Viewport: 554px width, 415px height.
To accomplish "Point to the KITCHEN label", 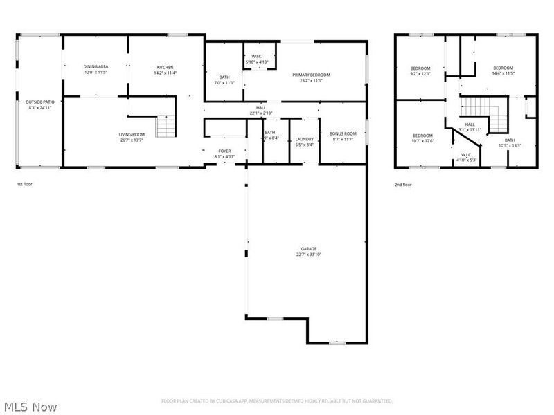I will pos(165,67).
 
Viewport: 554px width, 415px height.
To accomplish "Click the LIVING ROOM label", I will pos(131,134).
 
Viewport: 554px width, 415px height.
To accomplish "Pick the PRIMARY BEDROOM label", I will pos(311,75).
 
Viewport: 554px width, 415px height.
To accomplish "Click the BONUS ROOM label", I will pos(343,133).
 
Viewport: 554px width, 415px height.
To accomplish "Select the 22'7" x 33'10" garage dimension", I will pos(308,255).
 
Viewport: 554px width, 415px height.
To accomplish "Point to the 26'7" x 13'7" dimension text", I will pos(131,140).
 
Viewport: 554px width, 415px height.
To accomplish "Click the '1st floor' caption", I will pos(25,185).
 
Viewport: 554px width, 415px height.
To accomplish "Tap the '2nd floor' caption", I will pos(403,185).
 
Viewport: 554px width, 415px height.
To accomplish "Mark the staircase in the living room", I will pos(166,127).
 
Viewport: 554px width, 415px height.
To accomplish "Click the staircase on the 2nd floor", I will pos(479,107).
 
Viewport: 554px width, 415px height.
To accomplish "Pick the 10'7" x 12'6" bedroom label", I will pos(422,138).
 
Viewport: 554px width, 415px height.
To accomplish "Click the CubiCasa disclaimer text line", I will pos(277,401).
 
